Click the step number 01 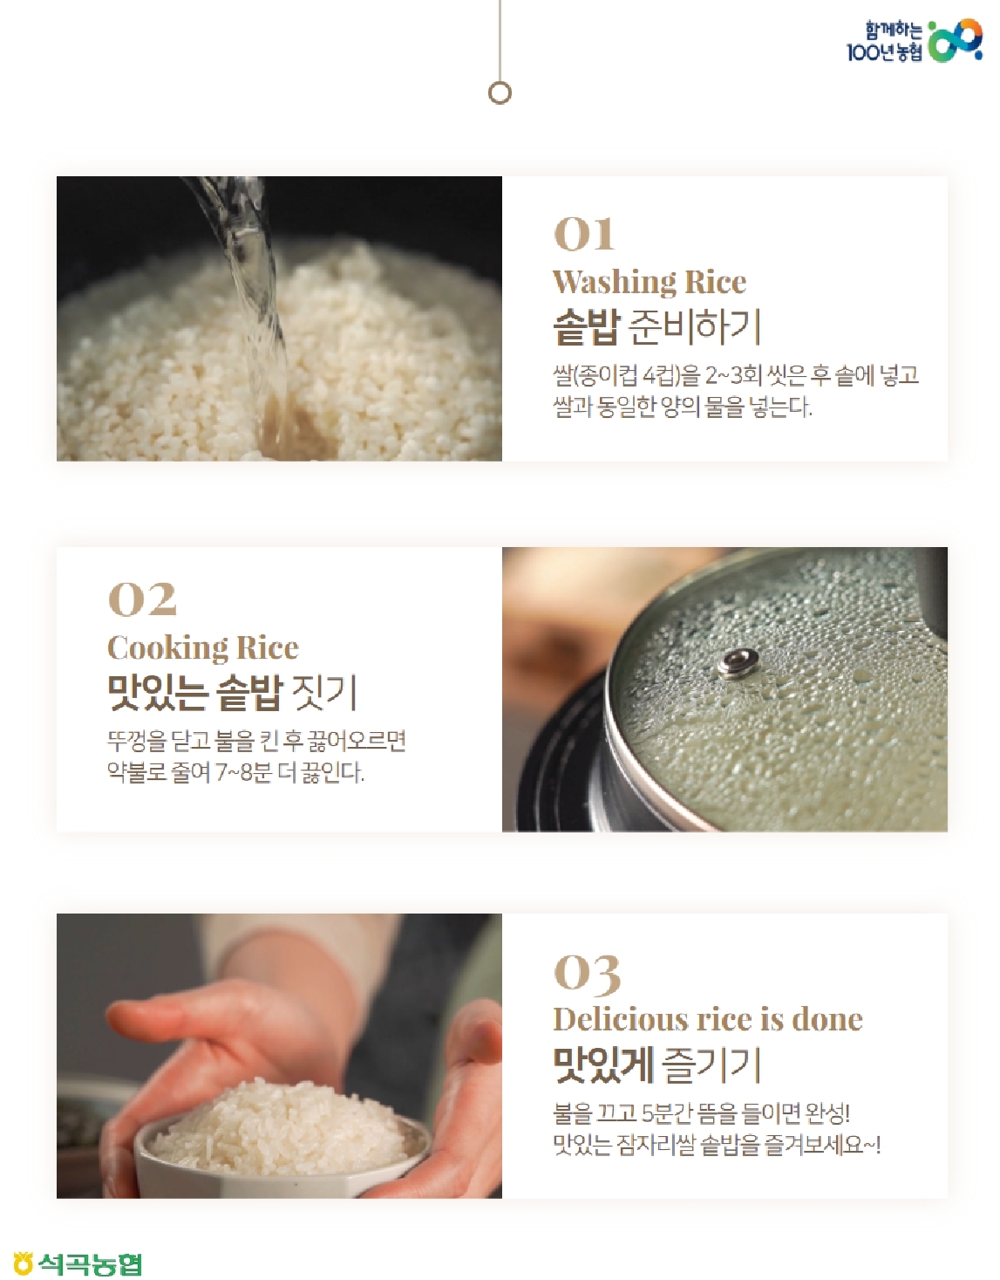click(x=584, y=234)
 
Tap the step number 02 click(x=142, y=599)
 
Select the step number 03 click(x=587, y=972)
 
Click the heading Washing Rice click(x=650, y=282)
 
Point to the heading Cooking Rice click(x=203, y=648)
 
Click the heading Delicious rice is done click(x=707, y=1020)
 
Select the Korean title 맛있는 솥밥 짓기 click(x=233, y=694)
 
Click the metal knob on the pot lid click(x=738, y=663)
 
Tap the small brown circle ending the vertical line click(x=500, y=93)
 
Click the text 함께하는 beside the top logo click(x=894, y=30)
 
